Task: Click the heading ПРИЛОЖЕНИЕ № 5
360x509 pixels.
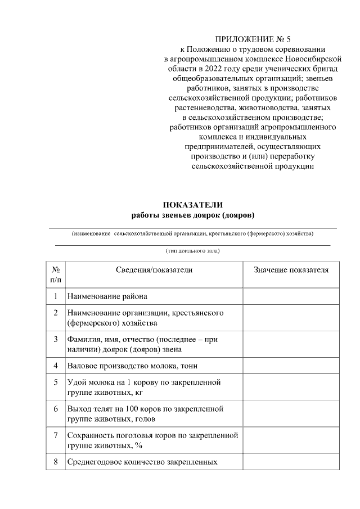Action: tap(251, 39)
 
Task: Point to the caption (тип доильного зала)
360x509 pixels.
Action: tap(192, 251)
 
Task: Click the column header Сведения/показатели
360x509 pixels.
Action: tap(154, 270)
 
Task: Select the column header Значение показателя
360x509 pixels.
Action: tap(291, 270)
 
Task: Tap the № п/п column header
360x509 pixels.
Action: tap(56, 274)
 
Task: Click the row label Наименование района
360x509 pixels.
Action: tap(107, 296)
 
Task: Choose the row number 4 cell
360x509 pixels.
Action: tap(56, 366)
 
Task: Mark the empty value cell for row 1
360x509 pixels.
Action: tap(291, 296)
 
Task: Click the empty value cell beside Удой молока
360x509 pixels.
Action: tap(291, 387)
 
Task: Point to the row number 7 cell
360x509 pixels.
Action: tap(56, 435)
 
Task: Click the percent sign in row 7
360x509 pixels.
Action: tap(139, 445)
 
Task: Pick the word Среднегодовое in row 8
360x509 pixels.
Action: tap(94, 462)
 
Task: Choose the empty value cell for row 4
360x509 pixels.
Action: tap(291, 366)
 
